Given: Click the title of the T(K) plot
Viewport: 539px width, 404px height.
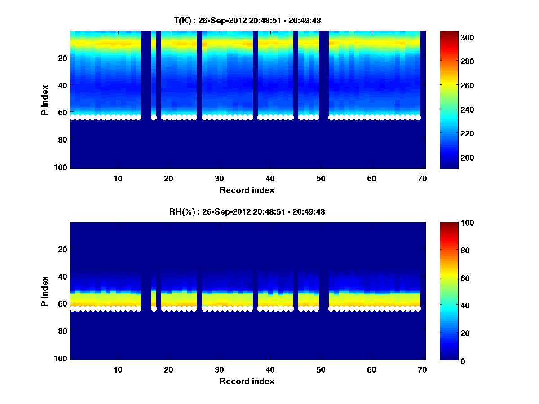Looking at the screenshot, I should (247, 20).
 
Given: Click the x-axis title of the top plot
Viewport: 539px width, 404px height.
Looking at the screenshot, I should (247, 190).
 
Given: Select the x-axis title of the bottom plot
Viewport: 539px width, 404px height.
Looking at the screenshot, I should (247, 381).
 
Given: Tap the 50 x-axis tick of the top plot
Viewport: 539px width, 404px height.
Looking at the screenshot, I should (321, 178).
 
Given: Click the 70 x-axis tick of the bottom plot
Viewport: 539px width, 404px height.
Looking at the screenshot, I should (422, 369).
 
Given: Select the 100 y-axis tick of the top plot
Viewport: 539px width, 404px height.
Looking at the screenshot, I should (62, 167).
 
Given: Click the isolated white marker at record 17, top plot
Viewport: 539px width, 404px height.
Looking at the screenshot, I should (154, 118).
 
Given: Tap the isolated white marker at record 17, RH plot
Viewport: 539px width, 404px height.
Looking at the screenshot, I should (154, 309).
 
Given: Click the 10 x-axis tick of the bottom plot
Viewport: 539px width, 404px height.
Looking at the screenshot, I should (118, 369).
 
